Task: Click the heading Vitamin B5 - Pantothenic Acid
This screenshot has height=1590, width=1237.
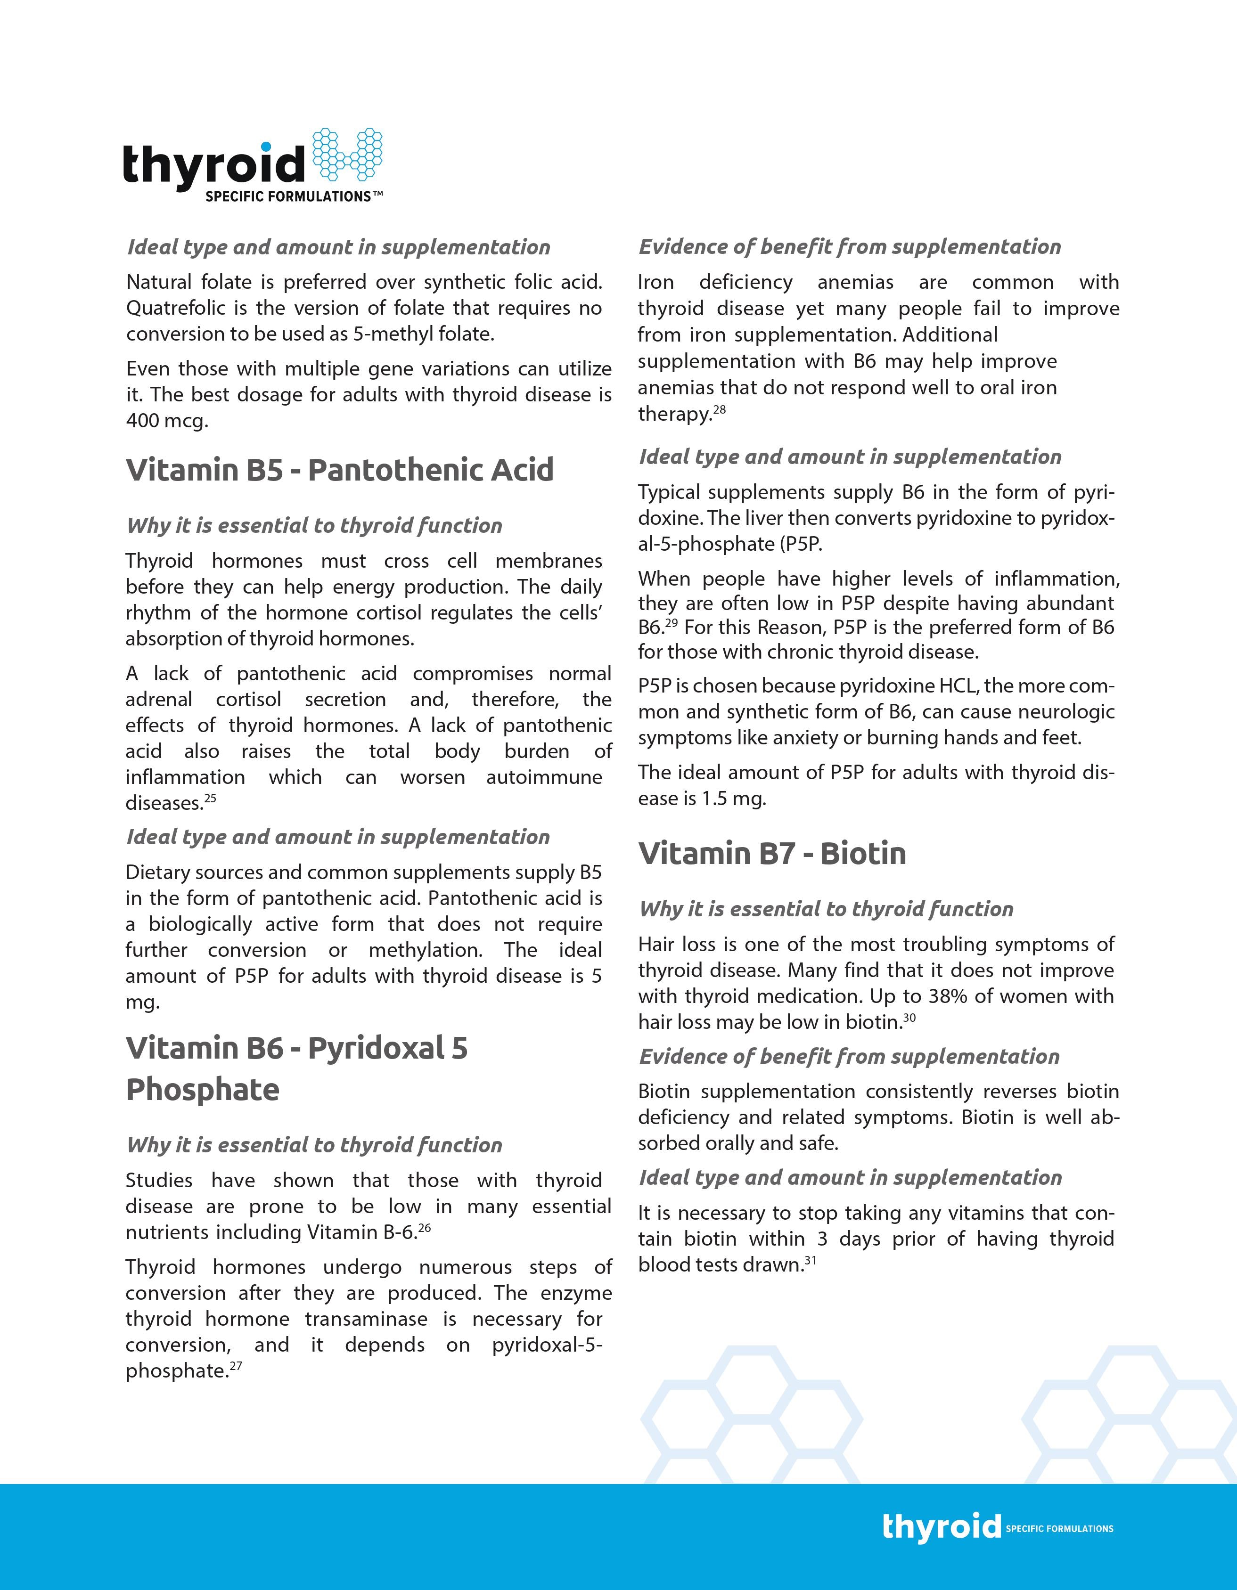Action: tap(339, 470)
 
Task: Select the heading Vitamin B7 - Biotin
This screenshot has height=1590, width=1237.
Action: tap(772, 853)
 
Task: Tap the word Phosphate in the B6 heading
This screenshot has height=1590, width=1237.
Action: tap(203, 1090)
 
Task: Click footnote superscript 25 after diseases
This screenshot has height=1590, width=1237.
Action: tap(211, 798)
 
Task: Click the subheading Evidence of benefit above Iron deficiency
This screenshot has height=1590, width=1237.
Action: tap(849, 247)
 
